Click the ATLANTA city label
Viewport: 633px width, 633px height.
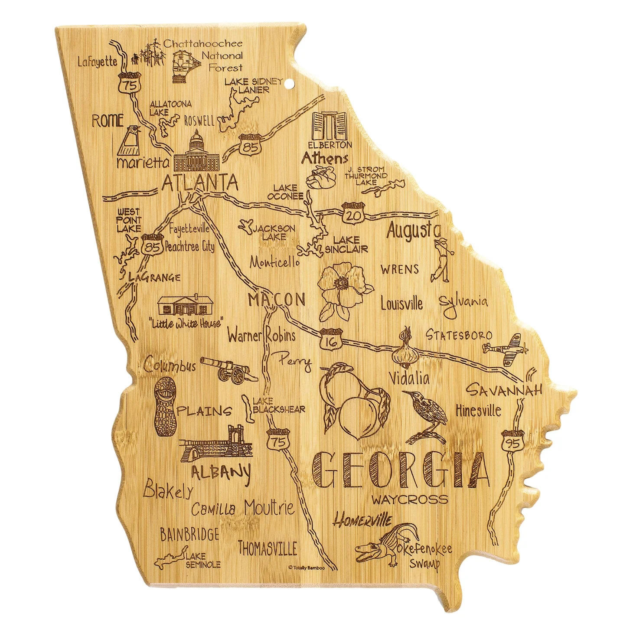pos(199,183)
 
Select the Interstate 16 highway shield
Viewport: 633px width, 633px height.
pos(331,338)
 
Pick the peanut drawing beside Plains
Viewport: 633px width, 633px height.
pos(165,406)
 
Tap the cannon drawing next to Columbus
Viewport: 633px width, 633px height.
pos(230,369)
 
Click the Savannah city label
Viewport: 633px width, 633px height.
pos(504,390)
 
